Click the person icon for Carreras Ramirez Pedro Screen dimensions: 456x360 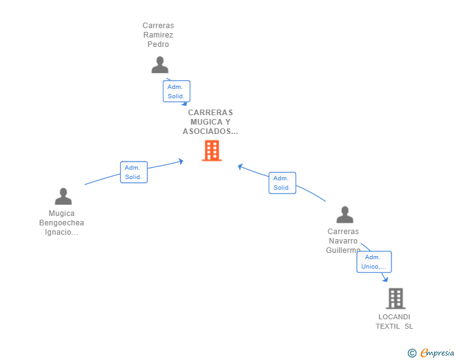pos(160,65)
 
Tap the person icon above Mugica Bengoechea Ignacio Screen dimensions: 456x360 pos(63,197)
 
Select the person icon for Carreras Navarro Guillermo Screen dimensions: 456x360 pos(345,215)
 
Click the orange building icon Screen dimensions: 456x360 pos(212,151)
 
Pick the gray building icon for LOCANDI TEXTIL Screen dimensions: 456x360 pos(396,299)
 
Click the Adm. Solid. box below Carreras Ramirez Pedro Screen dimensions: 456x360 pos(177,91)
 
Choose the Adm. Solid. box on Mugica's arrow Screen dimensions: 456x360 pos(134,172)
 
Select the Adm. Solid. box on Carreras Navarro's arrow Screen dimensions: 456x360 pos(282,183)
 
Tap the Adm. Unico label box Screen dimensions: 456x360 pos(375,262)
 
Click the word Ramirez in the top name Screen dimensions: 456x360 pos(158,35)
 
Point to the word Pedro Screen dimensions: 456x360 pos(158,44)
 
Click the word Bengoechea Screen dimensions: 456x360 pos(61,223)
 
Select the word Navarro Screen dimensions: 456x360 pos(343,241)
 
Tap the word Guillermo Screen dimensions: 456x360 pos(343,250)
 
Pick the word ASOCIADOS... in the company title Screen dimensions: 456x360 pos(210,131)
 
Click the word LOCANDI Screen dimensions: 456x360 pos(395,317)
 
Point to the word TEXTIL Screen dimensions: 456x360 pos(388,326)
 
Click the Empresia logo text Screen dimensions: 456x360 pos(437,353)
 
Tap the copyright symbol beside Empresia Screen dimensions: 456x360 pos(412,353)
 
